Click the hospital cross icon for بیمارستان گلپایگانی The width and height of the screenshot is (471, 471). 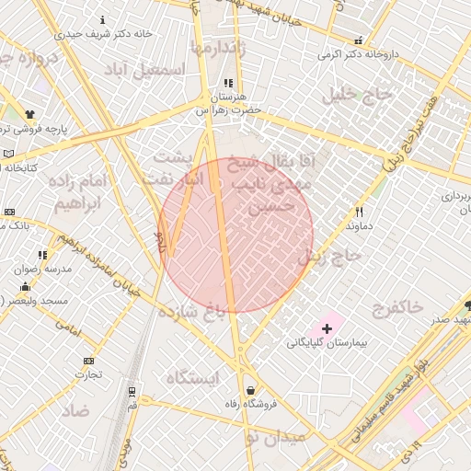tap(327, 328)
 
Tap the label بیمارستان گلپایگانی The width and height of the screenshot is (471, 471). tap(326, 343)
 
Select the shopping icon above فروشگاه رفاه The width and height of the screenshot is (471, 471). tap(251, 390)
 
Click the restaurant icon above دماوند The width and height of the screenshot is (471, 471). tap(360, 211)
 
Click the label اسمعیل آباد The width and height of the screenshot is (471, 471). tap(144, 70)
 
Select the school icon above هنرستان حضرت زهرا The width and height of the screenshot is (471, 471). tap(227, 83)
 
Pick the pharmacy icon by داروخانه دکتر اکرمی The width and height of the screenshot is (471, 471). tap(357, 40)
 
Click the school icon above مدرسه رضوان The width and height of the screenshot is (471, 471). tap(42, 255)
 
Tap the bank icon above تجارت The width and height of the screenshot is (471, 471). tap(88, 361)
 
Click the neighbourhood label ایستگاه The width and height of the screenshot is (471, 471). tap(194, 376)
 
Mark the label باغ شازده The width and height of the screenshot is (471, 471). tap(191, 311)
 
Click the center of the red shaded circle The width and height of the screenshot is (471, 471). tap(235, 235)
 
